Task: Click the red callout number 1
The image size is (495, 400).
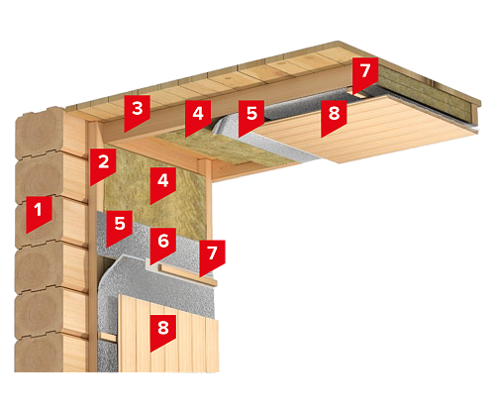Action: coord(39,213)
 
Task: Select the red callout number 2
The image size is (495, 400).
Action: coord(103,165)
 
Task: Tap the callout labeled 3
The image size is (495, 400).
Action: coord(137,112)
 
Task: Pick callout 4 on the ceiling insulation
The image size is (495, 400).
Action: coord(198,118)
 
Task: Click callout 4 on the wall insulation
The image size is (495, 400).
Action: coord(163,185)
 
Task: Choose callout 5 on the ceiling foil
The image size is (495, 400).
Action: coord(251,118)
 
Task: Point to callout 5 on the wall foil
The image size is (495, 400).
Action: coord(120,228)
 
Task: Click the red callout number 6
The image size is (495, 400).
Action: coord(163,245)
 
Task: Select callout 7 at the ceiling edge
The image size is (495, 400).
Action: coord(365,74)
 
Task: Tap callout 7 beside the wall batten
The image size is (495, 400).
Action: coord(212,257)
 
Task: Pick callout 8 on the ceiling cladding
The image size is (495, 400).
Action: coord(334,118)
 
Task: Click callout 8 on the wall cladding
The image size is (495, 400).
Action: coord(163,333)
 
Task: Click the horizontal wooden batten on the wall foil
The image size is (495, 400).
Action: coord(188,274)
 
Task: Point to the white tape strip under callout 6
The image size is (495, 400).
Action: coord(152,265)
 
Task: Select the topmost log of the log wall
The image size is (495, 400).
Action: coord(49,132)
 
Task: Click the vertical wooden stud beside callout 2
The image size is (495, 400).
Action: coord(93,248)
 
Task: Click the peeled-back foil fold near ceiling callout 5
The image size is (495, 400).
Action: coord(225,127)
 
